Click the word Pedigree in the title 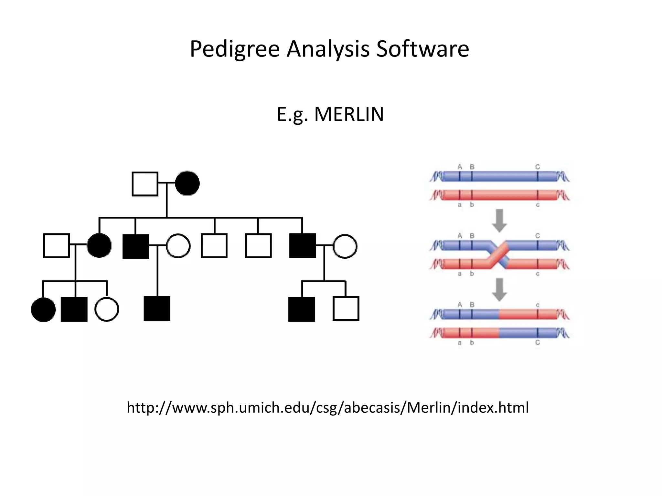(x=234, y=49)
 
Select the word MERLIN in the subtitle (x=349, y=114)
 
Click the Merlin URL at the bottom (x=328, y=408)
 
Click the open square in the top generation (x=145, y=184)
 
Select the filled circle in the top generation (x=187, y=183)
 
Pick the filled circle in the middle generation (x=99, y=246)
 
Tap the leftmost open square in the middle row (x=57, y=246)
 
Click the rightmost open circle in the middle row (x=345, y=246)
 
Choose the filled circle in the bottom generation (x=43, y=309)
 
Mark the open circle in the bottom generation (x=106, y=309)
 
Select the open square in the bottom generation (x=346, y=308)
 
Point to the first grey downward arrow (x=499, y=221)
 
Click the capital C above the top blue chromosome (x=538, y=167)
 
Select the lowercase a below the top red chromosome (x=460, y=205)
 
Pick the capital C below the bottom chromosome (x=538, y=343)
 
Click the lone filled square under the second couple (x=157, y=308)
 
